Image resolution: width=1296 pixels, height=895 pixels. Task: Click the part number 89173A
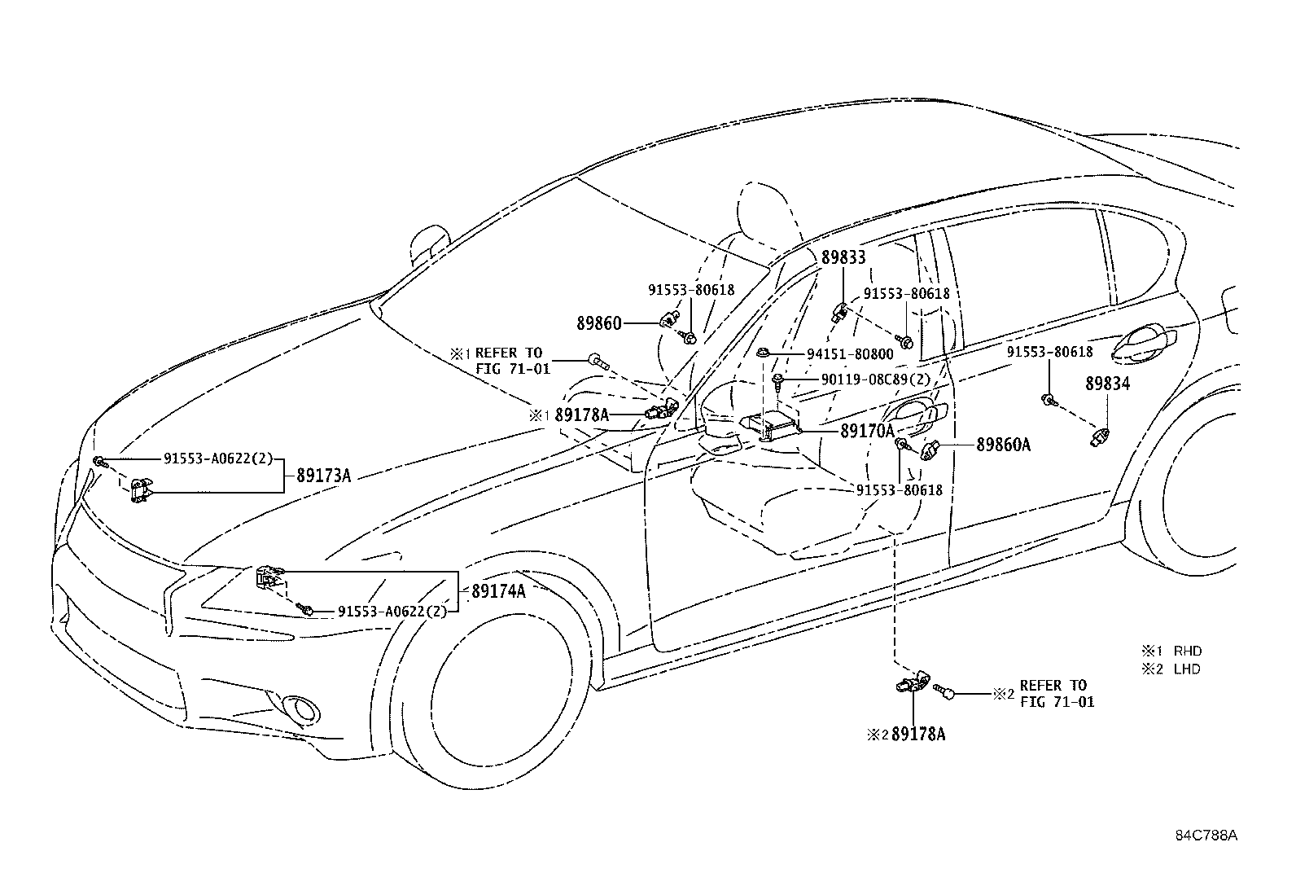(323, 476)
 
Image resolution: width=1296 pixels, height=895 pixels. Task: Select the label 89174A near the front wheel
(498, 591)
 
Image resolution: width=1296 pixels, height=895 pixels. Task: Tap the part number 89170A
(867, 431)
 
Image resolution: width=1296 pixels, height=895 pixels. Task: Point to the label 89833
(843, 257)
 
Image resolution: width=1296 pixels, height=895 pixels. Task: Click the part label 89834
(1107, 384)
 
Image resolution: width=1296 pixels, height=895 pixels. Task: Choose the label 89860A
(1003, 445)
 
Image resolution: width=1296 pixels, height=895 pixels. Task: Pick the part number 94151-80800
(850, 353)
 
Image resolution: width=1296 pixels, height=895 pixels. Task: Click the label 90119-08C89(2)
(876, 379)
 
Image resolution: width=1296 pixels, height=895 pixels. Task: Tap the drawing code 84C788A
(1206, 835)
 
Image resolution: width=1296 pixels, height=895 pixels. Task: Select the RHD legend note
(1171, 651)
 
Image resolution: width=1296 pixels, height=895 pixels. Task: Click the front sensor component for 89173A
(140, 490)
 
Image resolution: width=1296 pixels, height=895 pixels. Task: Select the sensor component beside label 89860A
(928, 450)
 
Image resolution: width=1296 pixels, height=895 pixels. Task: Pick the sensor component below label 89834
(1100, 437)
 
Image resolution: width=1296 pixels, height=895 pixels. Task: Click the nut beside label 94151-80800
(763, 353)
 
